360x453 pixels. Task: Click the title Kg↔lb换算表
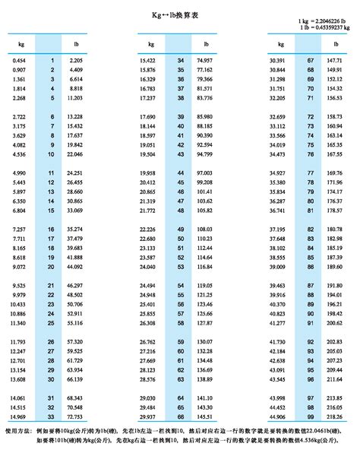click(x=180, y=14)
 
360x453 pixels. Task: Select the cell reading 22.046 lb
click(x=75, y=154)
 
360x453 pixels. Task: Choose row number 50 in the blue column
click(x=180, y=237)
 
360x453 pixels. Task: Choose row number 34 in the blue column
click(x=180, y=59)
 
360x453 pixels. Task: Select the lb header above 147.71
click(x=333, y=44)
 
